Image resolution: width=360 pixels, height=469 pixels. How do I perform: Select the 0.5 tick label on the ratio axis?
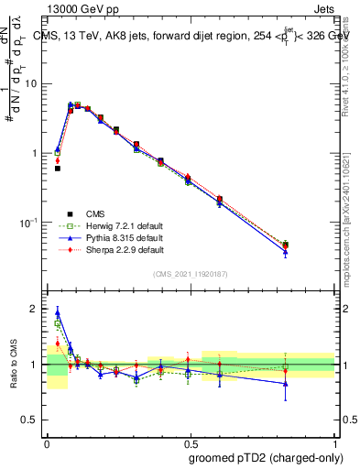pyautogui.click(x=33, y=420)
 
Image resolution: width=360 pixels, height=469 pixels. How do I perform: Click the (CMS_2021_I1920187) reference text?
pyautogui.click(x=191, y=274)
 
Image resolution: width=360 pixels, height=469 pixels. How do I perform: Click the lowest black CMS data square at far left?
pyautogui.click(x=57, y=169)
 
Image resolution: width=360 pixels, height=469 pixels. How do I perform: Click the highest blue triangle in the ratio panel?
pyautogui.click(x=57, y=312)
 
